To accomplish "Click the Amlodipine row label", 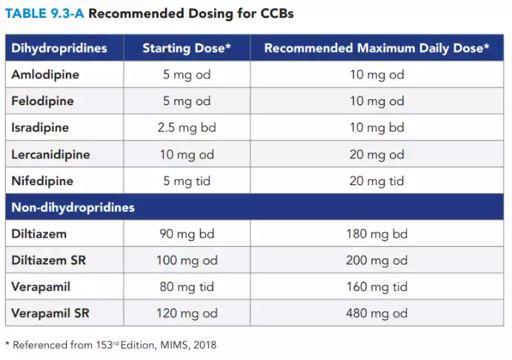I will (45, 75).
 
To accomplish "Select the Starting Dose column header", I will (187, 48).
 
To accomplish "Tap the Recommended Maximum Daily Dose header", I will (376, 48).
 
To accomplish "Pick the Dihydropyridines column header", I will (59, 48).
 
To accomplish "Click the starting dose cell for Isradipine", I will (187, 127).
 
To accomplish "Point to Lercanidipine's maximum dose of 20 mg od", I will (376, 154).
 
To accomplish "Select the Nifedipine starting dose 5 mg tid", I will (187, 181).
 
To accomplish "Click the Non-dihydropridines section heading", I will (73, 207).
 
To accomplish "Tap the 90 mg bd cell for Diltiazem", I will (187, 234).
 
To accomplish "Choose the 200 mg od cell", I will (376, 260).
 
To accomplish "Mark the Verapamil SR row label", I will (50, 313).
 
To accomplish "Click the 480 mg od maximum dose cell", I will (376, 313).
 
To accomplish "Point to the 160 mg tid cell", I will (376, 287).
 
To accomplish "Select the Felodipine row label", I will (43, 101).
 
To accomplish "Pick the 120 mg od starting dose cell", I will (187, 313).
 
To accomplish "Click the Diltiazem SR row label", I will (48, 260).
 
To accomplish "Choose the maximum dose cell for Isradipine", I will (376, 127).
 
